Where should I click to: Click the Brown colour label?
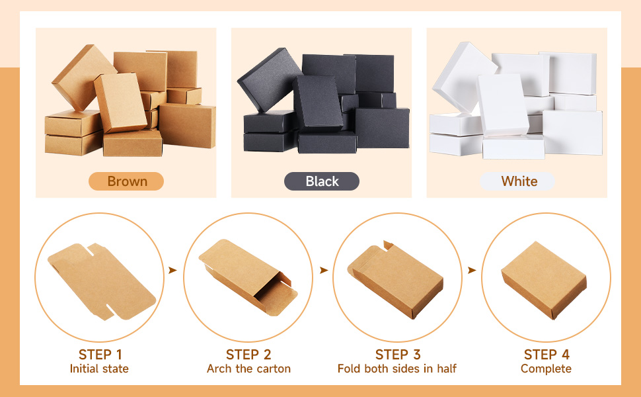click(x=126, y=181)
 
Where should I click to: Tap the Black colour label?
click(x=322, y=181)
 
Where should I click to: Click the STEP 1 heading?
click(x=100, y=355)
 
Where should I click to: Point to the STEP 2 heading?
click(x=248, y=355)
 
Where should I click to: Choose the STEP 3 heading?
click(x=398, y=355)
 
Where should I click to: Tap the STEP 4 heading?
click(x=547, y=355)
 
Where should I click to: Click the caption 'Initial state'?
click(x=99, y=369)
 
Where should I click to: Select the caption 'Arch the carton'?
click(x=248, y=369)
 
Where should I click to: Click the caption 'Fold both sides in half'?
click(x=397, y=369)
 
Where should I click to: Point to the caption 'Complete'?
click(x=546, y=369)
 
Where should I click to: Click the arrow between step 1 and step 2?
click(x=172, y=270)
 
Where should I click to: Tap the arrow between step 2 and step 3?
click(x=324, y=270)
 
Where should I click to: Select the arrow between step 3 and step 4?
click(x=472, y=270)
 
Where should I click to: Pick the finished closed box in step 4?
click(x=544, y=280)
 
